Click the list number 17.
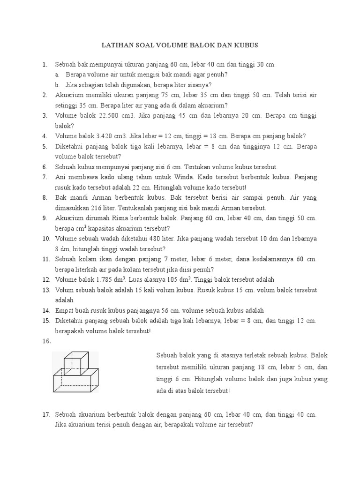(x=46, y=415)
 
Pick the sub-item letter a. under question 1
(x=57, y=75)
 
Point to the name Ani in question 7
(x=60, y=177)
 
